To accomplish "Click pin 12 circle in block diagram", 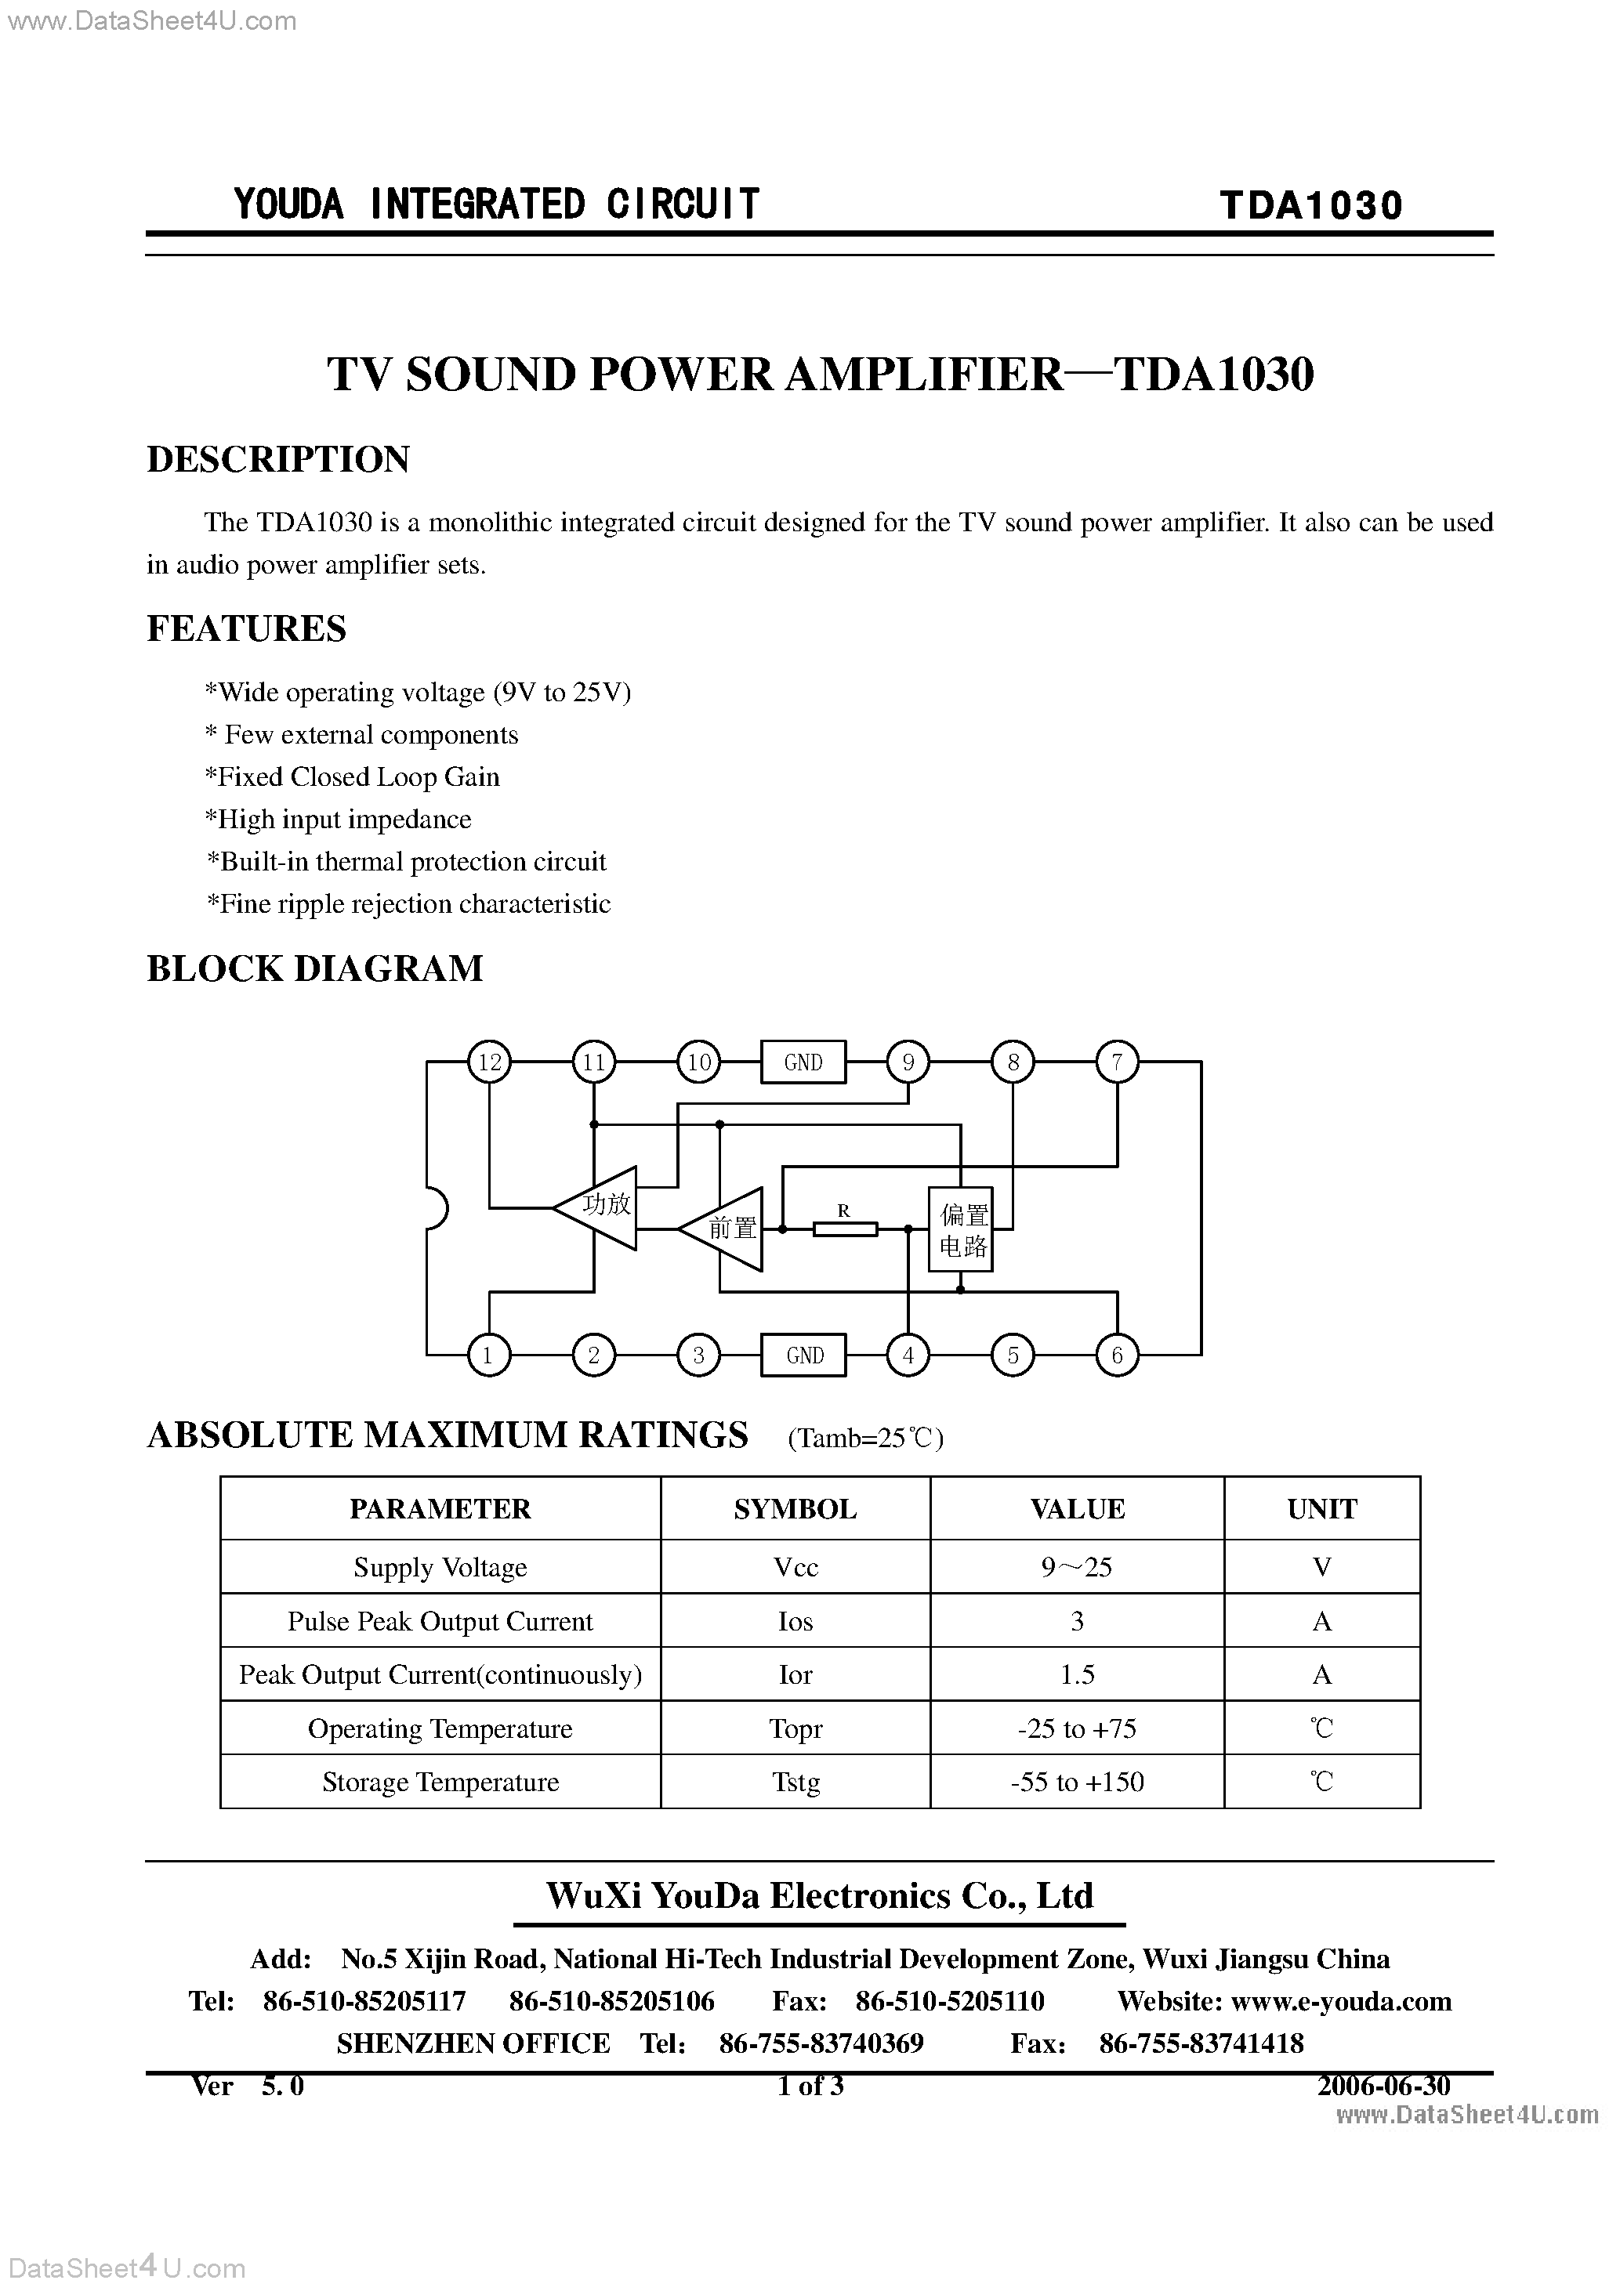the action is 489,1062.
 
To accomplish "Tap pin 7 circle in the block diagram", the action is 1117,1062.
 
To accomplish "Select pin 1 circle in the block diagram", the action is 489,1355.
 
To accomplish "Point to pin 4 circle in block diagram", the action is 908,1355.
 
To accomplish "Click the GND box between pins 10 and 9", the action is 803,1062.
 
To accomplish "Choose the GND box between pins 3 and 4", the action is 803,1355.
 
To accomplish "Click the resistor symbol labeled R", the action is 844,1229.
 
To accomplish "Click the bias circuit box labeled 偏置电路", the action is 960,1229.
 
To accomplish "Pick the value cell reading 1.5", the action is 1077,1674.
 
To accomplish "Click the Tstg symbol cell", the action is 796,1782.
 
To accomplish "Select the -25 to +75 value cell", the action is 1077,1728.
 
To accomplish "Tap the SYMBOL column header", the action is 796,1509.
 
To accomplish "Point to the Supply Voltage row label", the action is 440,1568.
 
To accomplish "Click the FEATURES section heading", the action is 247,628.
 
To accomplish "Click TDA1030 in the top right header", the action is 1310,204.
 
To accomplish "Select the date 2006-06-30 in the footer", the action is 1383,2087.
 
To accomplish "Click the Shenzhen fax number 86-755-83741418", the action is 1201,2043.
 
